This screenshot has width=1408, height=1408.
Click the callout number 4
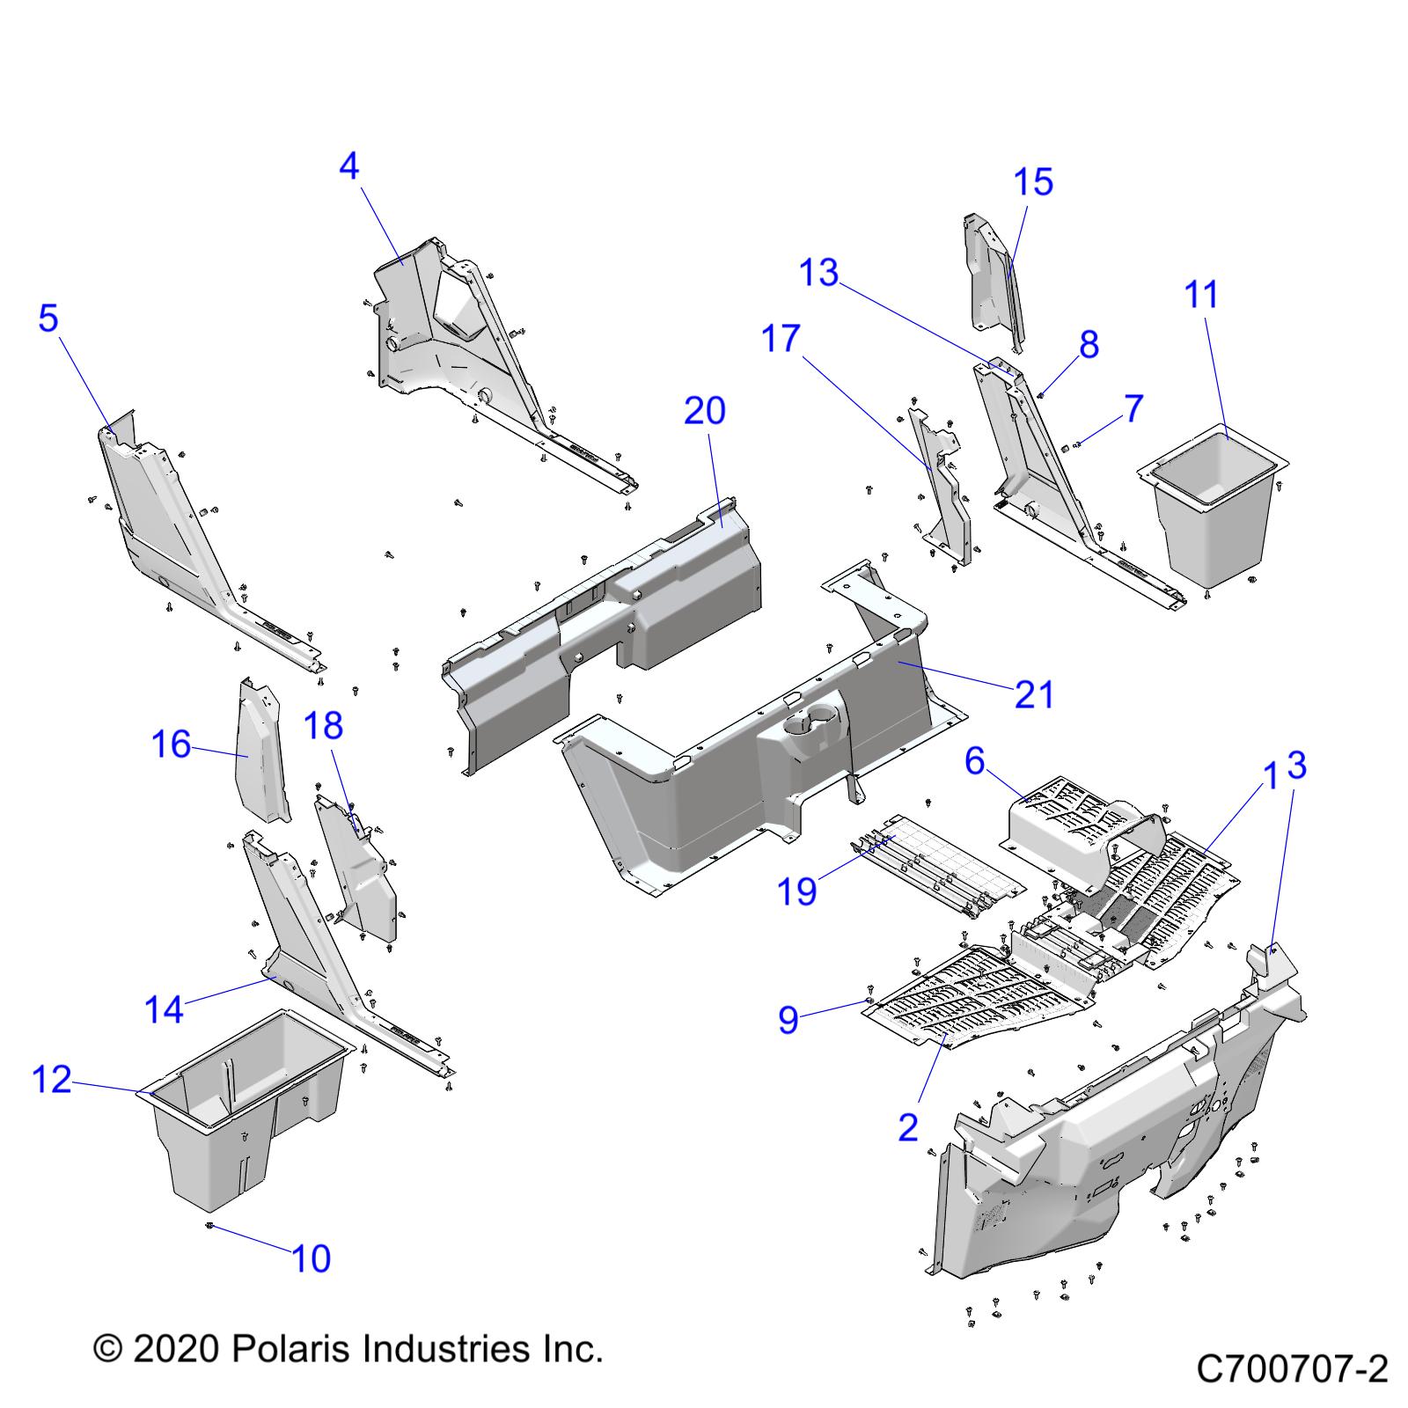349,165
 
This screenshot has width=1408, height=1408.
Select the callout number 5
48,318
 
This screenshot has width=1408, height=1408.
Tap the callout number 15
1033,182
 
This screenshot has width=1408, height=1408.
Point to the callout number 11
1202,294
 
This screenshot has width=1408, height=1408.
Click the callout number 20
705,410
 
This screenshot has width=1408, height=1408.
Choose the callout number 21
1034,694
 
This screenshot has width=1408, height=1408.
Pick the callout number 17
781,339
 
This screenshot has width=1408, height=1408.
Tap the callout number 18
323,726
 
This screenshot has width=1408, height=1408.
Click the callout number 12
52,1078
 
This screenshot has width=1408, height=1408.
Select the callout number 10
312,1258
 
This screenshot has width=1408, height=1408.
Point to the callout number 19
797,891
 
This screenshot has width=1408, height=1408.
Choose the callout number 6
974,761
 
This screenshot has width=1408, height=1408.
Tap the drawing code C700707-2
1292,1369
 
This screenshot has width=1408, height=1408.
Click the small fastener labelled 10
211,1224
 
